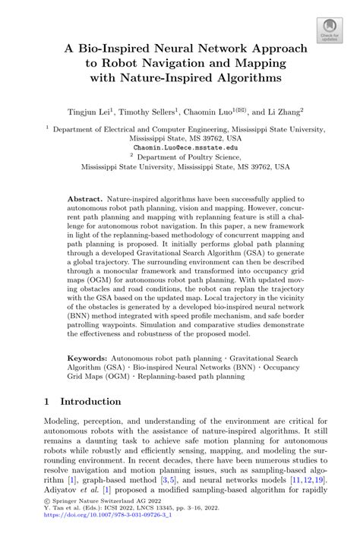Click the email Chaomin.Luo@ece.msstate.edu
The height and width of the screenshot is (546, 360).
tap(180, 147)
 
